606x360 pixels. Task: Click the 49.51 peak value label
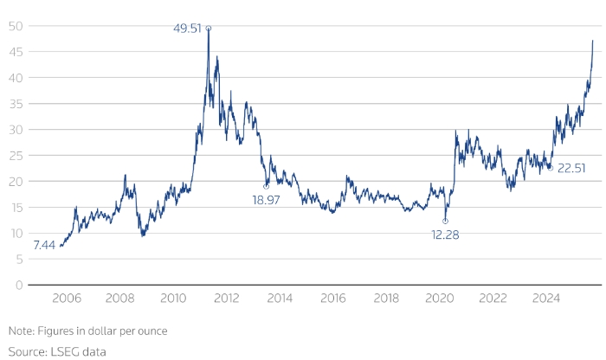[x=187, y=28]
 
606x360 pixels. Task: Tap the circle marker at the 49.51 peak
[x=209, y=28]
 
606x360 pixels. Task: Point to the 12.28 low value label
[x=446, y=235]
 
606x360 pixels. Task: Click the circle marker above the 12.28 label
[x=446, y=221]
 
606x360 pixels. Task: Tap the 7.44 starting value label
[x=43, y=246]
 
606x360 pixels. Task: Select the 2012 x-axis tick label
[x=227, y=298]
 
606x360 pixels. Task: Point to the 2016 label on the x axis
[x=333, y=298]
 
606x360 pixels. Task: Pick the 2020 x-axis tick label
[x=440, y=298]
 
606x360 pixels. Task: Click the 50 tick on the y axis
[x=15, y=26]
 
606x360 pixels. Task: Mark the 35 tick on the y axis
[x=15, y=104]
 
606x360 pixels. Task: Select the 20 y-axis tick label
[x=15, y=181]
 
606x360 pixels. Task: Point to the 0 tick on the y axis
[x=18, y=285]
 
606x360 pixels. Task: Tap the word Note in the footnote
[x=20, y=331]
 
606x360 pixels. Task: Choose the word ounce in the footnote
[x=151, y=331]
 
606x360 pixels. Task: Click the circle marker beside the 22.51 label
[x=550, y=168]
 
